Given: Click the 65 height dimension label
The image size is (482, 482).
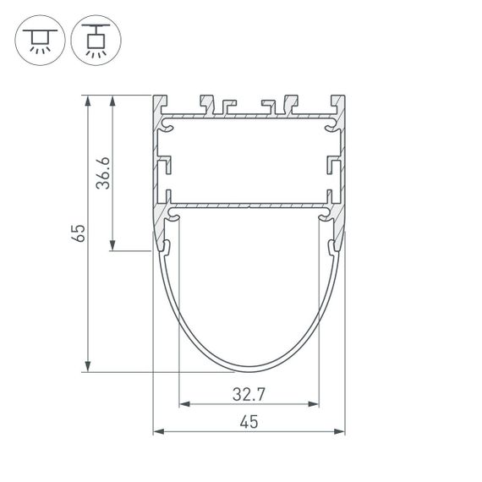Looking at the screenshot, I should [x=78, y=233].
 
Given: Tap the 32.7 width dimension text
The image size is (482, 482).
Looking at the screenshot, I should [x=248, y=393].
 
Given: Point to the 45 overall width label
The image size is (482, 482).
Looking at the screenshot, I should [x=249, y=422].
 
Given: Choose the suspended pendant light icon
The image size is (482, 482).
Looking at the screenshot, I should [x=96, y=39].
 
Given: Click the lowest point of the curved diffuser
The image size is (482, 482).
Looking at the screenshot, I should [x=249, y=370].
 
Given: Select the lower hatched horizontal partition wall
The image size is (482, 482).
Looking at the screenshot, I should [x=249, y=205].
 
